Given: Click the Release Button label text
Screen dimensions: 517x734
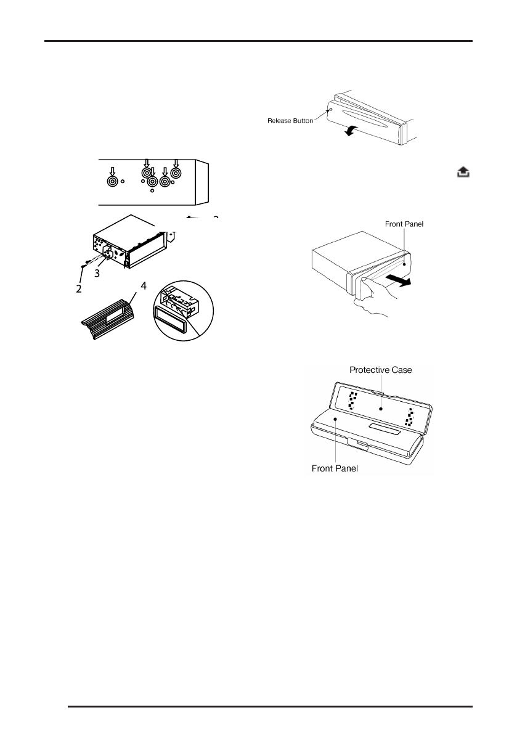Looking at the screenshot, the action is point(290,121).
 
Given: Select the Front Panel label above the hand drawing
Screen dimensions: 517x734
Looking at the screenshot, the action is point(399,225).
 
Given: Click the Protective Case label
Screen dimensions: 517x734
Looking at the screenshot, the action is point(380,370).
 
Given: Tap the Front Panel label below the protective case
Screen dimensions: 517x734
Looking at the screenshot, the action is point(335,468).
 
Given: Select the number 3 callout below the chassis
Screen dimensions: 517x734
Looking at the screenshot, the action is point(97,274).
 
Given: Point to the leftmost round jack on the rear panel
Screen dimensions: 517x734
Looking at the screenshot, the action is point(112,182).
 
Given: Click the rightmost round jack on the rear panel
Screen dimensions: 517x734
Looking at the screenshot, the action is point(176,173).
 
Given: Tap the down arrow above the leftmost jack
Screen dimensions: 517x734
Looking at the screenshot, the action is point(112,169).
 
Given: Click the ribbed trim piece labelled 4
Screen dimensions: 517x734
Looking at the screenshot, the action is point(111,318).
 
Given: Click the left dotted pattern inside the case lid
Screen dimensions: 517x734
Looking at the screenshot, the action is point(352,401).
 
